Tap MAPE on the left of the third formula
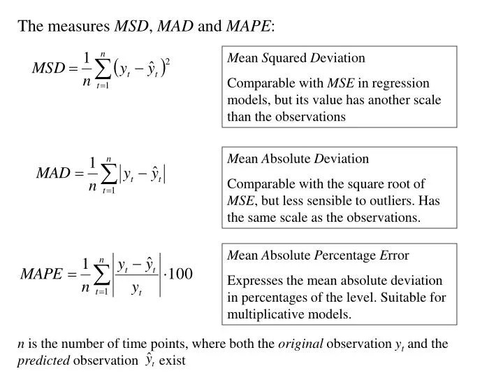pos(43,274)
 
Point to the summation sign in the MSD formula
pos(103,69)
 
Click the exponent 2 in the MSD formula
pos(168,62)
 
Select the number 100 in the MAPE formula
pos(180,273)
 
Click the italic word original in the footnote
pos(300,344)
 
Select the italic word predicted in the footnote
pos(43,360)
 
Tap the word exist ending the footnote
pos(172,360)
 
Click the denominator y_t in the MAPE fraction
pos(138,289)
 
